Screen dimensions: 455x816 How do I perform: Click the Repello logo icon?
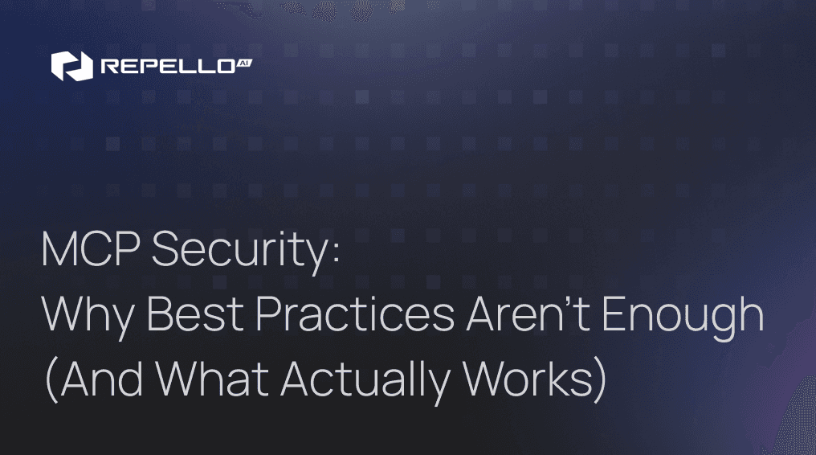[67, 66]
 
